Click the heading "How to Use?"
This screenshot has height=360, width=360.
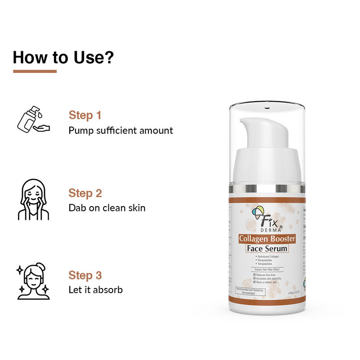tap(63, 57)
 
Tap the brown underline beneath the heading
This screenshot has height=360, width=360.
tap(35, 71)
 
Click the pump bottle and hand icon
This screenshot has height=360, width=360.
tap(33, 119)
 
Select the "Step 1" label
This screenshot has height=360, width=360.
tap(85, 115)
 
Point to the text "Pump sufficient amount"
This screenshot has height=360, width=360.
tap(121, 130)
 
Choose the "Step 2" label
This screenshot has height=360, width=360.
tap(85, 193)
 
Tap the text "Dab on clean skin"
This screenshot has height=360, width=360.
tap(107, 208)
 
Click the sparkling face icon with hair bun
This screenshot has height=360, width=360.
tap(33, 281)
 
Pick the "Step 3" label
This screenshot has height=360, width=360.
tap(85, 275)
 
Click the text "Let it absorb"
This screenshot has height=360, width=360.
tap(95, 290)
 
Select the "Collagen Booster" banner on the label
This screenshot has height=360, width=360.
tap(267, 238)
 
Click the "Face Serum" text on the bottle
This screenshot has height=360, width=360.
tap(267, 248)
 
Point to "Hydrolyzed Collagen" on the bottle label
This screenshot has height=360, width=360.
tap(267, 256)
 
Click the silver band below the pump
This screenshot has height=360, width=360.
tap(267, 188)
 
